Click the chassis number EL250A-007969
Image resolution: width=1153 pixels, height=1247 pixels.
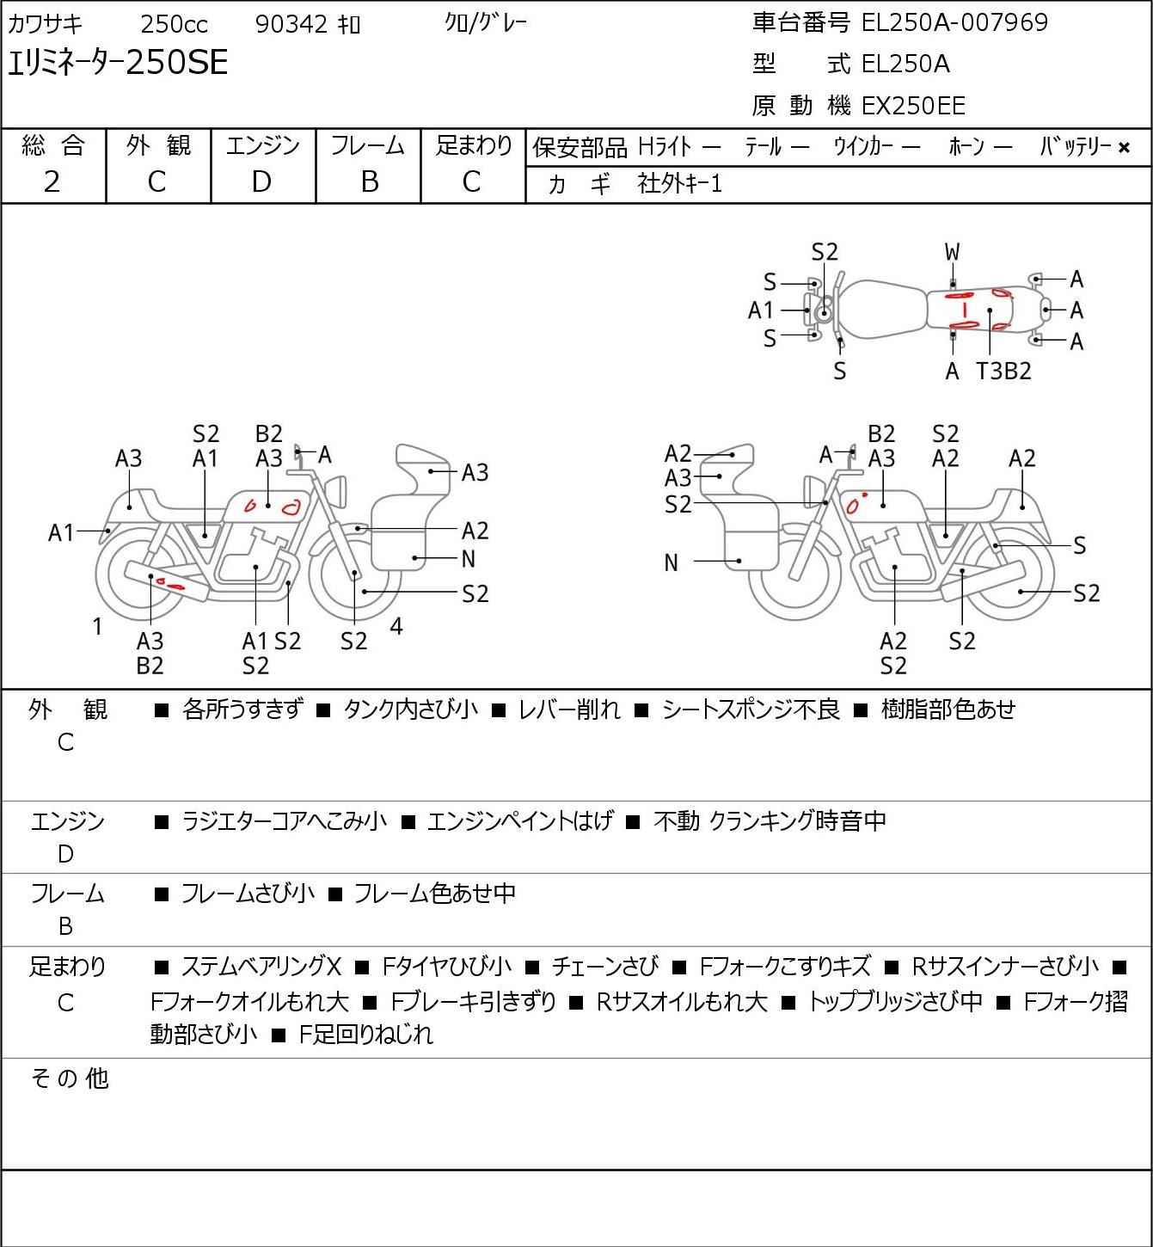954,22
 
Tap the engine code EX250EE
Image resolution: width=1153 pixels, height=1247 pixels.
913,106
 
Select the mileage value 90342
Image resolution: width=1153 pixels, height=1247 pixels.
291,24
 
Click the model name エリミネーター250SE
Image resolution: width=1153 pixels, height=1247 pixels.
118,63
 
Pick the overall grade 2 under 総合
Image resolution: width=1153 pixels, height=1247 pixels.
52,182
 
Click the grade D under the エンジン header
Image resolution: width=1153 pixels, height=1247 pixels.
262,182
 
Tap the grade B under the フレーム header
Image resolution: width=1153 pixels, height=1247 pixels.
369,182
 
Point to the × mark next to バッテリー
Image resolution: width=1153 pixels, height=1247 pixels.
1124,148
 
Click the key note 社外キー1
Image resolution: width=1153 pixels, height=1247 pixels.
680,184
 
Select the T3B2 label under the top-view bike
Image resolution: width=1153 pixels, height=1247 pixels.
1003,371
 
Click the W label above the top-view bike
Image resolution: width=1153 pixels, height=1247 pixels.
952,253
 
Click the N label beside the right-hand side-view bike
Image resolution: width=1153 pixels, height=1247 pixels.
671,563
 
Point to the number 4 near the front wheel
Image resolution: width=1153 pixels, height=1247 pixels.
396,626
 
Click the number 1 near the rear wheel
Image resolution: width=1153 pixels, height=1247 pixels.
97,627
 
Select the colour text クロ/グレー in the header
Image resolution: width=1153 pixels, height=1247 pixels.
486,23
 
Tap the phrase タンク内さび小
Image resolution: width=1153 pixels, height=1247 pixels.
411,709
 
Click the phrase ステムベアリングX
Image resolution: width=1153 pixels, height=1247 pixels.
261,967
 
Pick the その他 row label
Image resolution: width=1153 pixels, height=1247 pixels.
70,1078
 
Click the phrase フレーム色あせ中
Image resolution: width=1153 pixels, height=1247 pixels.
434,894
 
